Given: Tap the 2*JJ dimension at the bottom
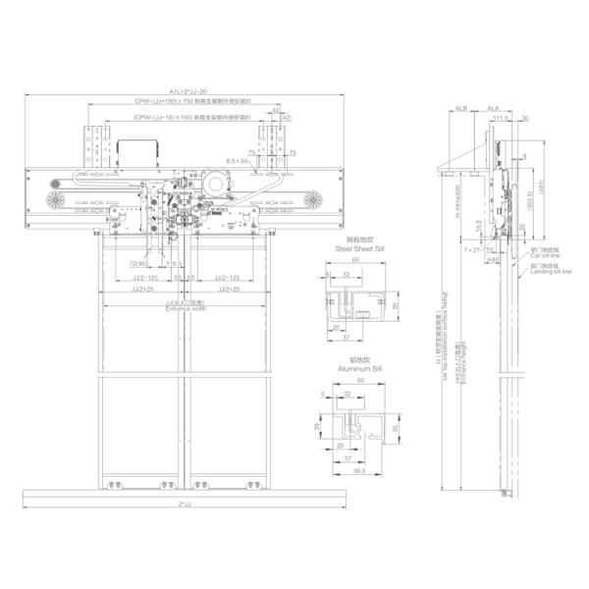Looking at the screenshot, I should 186,505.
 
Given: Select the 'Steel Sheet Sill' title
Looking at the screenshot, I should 349,251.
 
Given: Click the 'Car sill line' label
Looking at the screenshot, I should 544,252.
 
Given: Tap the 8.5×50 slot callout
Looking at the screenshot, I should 237,159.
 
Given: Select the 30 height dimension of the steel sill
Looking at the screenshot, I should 394,305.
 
